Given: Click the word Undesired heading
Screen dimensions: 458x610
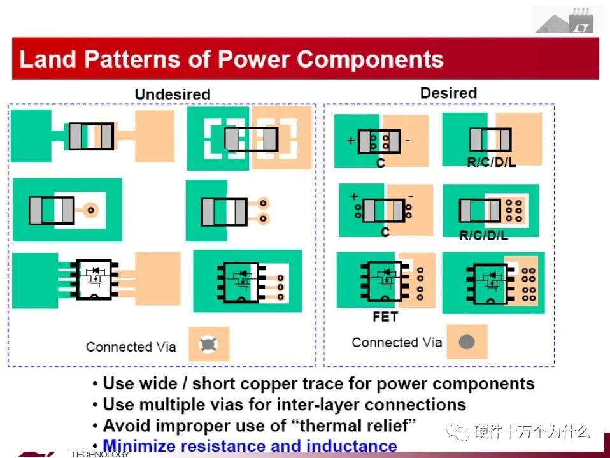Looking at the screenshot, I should pos(172,94).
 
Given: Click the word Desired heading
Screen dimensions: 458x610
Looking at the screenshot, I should pos(448,93).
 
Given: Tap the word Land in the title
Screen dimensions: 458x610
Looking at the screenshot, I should pos(48,59).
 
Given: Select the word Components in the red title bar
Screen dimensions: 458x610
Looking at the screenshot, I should pos(371,59).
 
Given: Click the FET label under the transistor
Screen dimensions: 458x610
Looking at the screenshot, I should pos(385,317).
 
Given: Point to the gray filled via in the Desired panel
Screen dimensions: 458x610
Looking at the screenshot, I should pos(467,342).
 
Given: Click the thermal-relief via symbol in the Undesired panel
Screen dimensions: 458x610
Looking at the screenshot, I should pos(208,345).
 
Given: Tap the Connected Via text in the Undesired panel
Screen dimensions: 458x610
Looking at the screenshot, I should pos(131,347).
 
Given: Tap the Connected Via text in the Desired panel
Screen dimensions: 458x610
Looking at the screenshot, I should pos(397,343).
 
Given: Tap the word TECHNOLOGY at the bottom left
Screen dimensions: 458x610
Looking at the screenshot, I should pos(99,454).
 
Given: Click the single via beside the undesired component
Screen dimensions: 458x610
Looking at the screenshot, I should pos(91,209).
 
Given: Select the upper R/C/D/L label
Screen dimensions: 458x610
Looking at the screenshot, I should pos(491,162).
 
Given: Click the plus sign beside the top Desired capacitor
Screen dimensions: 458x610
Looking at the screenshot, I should pos(350,141).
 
